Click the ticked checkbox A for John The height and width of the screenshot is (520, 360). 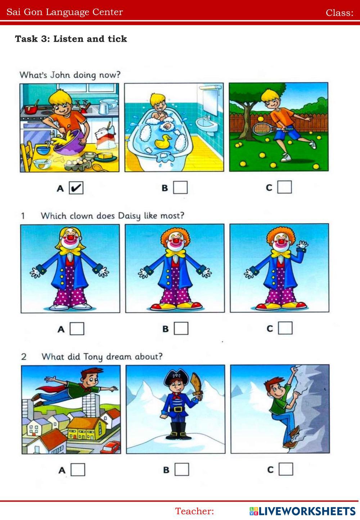tap(76, 188)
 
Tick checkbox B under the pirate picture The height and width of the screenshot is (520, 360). tap(182, 469)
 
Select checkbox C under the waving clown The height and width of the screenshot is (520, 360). tap(285, 328)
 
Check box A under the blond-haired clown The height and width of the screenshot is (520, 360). tap(77, 328)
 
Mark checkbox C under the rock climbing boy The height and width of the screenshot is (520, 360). tap(286, 469)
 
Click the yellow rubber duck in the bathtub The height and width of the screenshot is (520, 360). tap(163, 142)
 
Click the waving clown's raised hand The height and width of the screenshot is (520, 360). tap(302, 245)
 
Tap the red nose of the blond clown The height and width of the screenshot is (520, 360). tap(70, 238)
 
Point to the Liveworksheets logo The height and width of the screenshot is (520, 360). tap(302, 511)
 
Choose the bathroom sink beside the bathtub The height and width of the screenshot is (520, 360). tap(207, 125)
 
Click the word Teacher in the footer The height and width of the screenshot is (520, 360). tap(194, 511)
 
